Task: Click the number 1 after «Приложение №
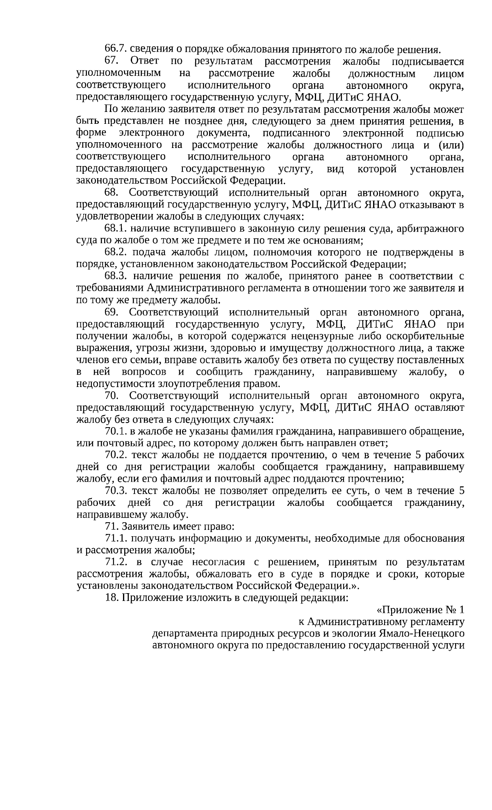pyautogui.click(x=461, y=610)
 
